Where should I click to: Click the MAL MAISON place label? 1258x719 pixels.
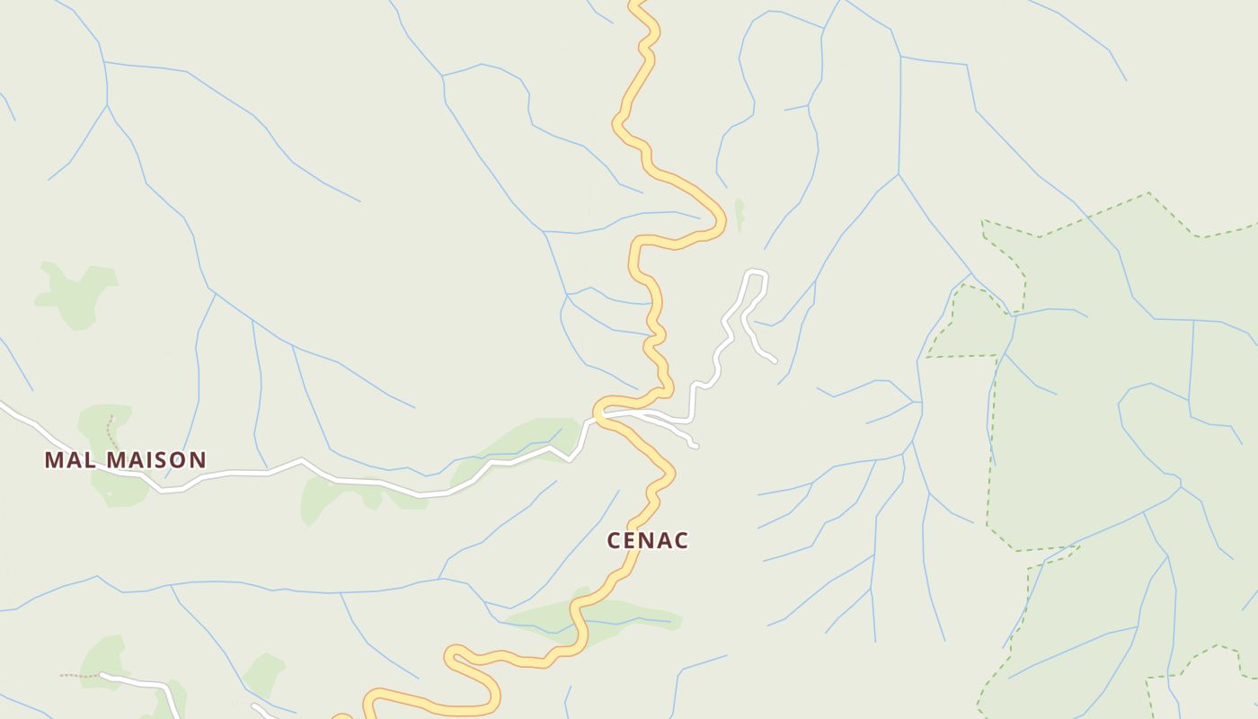[x=125, y=460]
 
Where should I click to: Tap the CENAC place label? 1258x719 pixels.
[x=647, y=541]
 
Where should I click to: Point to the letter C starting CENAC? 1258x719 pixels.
[x=615, y=541]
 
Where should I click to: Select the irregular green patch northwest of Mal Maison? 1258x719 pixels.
[x=77, y=292]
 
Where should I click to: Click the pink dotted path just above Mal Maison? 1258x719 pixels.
[x=111, y=431]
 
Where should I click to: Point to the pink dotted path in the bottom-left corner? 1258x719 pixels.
[x=79, y=675]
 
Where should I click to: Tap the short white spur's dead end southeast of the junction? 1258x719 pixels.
[x=695, y=445]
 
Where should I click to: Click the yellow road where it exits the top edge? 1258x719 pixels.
[x=636, y=4]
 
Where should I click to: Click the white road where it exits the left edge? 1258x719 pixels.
[x=3, y=406]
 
